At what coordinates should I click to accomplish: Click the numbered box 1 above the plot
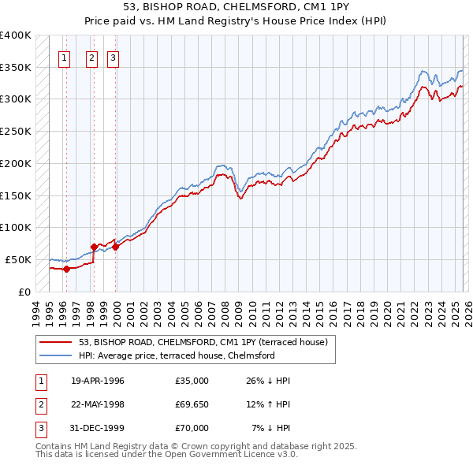(x=64, y=57)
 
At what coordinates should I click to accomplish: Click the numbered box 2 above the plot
(x=91, y=57)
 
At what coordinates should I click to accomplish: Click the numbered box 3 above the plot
(x=113, y=57)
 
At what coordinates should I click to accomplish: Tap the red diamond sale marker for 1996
(x=66, y=269)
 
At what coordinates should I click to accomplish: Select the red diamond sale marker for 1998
(x=94, y=247)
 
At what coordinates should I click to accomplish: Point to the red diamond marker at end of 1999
(x=115, y=247)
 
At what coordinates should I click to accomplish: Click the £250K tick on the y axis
(x=16, y=131)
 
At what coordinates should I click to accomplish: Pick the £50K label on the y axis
(x=19, y=259)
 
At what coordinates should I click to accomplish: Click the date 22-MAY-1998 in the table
(x=97, y=404)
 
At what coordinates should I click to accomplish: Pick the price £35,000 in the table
(x=192, y=381)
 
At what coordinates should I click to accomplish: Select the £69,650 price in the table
(x=192, y=404)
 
